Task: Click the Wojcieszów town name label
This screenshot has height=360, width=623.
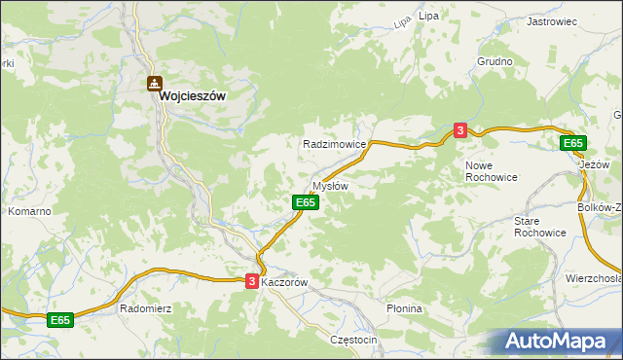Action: point(193,97)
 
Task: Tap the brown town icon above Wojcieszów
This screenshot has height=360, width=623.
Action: point(155,84)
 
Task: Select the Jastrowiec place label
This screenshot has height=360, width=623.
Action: point(553,20)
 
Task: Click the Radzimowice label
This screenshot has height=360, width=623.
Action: point(334,143)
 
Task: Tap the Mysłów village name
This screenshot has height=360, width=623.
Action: point(329,185)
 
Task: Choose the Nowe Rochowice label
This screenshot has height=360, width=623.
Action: point(492,171)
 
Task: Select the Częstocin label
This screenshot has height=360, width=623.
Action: point(353,340)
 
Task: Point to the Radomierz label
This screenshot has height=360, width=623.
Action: point(144,308)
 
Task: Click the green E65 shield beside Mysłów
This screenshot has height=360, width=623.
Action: point(305,201)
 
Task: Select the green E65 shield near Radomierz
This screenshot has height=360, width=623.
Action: point(60,319)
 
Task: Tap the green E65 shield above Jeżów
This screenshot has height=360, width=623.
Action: point(573,143)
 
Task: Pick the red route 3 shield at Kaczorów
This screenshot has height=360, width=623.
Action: point(252,280)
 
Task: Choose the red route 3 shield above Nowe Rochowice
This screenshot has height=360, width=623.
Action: point(459,129)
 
